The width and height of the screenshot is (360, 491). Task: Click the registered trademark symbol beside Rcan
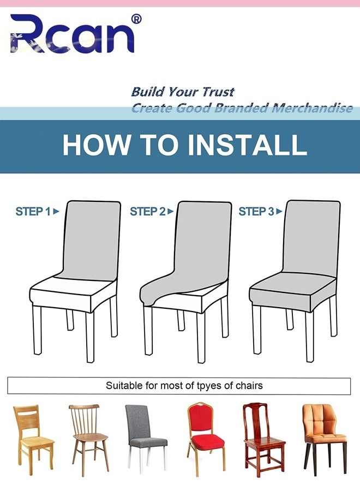(136, 20)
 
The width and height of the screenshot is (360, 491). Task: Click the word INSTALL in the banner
(247, 145)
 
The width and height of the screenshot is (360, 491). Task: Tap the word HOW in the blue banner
(97, 145)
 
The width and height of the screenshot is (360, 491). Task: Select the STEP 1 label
(33, 212)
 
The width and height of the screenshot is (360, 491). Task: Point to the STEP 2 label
(147, 212)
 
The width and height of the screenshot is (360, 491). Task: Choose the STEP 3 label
(256, 212)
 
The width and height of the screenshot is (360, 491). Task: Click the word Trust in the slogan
(218, 92)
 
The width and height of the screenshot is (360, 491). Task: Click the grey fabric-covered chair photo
(146, 437)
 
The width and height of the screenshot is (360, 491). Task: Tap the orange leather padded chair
(325, 439)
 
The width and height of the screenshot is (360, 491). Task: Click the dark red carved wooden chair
(264, 440)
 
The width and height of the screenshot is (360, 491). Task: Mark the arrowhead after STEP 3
(279, 212)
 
